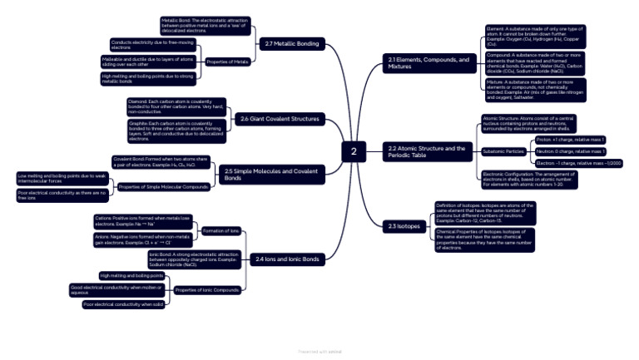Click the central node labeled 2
coord(354,151)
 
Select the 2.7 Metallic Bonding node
coord(290,43)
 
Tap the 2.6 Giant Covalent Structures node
coord(280,119)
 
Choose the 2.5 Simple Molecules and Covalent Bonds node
coord(270,174)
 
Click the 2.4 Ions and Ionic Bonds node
coord(287,259)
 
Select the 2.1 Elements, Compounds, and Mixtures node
coord(428,63)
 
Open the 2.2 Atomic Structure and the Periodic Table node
coord(426,151)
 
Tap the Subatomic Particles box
coord(503,151)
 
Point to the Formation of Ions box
coord(221,230)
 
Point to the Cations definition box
coord(142,221)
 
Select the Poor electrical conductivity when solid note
coord(123,304)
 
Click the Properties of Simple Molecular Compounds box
coord(162,187)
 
